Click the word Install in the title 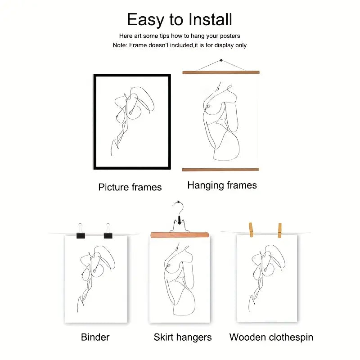(x=211, y=19)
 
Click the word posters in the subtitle (x=230, y=36)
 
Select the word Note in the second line (x=120, y=45)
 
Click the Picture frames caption (x=130, y=187)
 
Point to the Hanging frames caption (x=222, y=185)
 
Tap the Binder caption (x=95, y=337)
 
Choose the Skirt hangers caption (x=183, y=337)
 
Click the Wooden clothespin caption (x=271, y=337)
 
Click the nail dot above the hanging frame (x=221, y=60)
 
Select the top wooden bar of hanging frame (x=221, y=72)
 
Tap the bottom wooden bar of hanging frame (x=220, y=170)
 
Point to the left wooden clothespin (x=251, y=229)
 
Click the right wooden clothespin (x=279, y=230)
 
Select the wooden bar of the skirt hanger (x=180, y=235)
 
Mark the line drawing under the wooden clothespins (x=267, y=278)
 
